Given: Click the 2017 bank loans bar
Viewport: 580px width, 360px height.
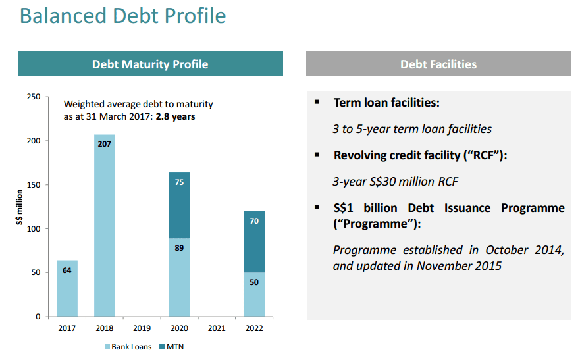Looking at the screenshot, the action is pos(67,288).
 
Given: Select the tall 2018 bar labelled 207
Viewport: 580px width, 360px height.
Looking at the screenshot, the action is pos(104,226).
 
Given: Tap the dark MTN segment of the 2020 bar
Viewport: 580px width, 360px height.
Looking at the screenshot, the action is pos(180,205).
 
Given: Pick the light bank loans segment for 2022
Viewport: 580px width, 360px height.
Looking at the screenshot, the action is pos(254,295).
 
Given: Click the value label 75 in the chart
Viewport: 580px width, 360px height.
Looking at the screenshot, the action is pos(180,182).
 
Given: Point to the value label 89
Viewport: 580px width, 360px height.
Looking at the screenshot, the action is pos(180,248).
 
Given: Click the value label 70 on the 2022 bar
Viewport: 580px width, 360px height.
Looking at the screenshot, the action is pos(254,221).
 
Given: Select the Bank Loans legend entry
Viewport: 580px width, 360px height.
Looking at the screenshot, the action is pos(128,347).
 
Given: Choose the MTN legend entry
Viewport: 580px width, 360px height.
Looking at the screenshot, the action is pos(172,347).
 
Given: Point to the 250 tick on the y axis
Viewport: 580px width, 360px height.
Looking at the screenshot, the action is pos(34,97).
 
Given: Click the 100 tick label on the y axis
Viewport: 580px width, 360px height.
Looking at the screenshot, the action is pos(34,229).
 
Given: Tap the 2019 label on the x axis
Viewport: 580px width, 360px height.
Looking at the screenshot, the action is pos(142,328).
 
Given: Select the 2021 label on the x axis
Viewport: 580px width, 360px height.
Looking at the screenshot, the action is pos(217,328).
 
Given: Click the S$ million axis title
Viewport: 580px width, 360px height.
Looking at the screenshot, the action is pos(19,207).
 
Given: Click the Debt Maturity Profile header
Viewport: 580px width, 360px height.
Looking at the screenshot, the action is pos(150,64).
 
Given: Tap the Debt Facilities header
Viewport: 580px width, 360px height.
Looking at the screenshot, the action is pos(438,64).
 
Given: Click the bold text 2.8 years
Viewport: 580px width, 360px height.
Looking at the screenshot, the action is pos(175,116).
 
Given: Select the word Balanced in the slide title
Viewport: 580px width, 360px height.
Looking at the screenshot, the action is pos(63,16).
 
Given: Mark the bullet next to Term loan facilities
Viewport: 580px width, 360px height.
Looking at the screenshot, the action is pos(317,101).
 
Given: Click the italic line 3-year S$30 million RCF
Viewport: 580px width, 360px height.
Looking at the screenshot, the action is pos(395,182).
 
